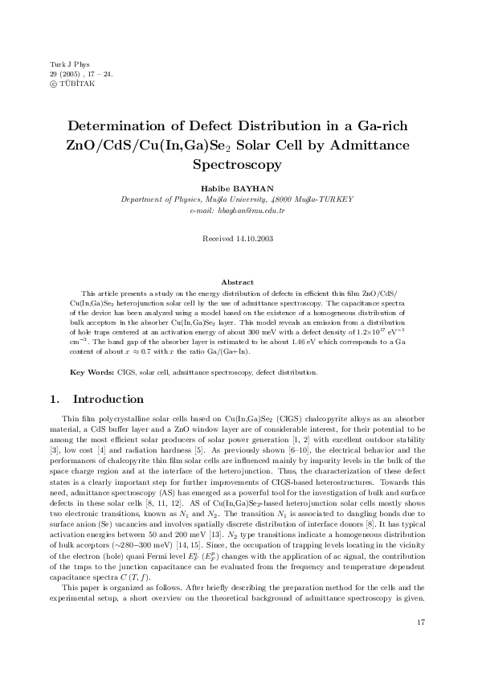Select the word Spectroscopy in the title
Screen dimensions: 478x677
coord(238,164)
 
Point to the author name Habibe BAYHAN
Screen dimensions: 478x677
coord(238,188)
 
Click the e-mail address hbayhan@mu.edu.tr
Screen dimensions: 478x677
coord(238,209)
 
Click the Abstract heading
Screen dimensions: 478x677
coord(238,282)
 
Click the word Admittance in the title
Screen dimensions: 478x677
coord(364,146)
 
